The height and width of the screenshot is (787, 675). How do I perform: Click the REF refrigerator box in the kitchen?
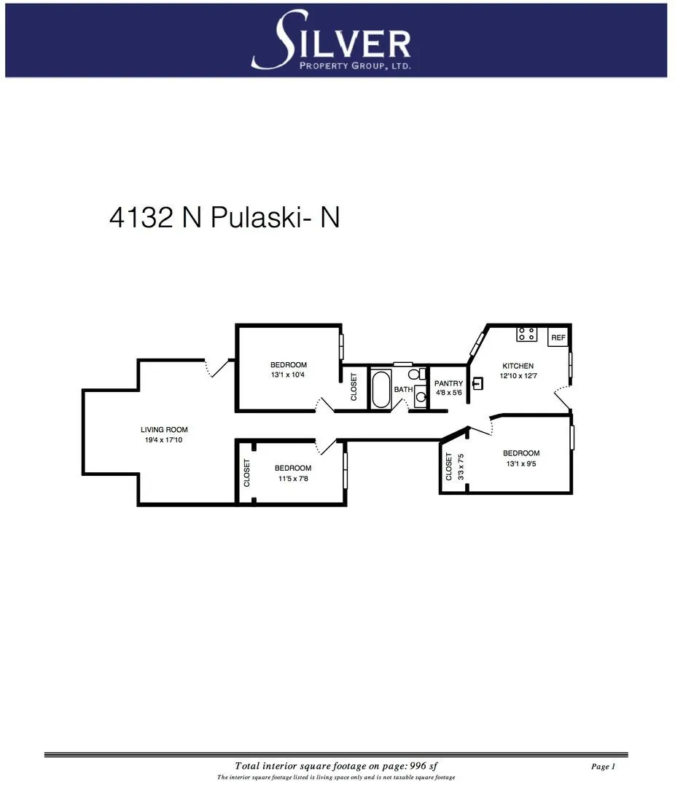pos(558,337)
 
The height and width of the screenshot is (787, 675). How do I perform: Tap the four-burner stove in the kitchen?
pos(527,334)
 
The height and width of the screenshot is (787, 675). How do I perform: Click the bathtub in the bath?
pos(381,390)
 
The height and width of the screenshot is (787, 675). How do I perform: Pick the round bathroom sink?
pos(421,399)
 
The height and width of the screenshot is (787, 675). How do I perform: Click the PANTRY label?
pos(448,383)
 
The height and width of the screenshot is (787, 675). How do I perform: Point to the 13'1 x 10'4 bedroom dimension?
pos(289,375)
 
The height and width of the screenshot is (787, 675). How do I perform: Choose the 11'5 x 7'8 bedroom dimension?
pos(293,478)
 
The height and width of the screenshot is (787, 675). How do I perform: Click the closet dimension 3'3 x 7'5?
pos(459,467)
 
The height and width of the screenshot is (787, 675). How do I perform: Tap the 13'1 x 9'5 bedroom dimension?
pos(521,463)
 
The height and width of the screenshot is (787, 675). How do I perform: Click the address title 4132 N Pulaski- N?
pos(225,217)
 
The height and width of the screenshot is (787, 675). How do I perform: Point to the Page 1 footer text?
pos(604,767)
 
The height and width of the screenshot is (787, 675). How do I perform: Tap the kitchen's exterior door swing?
pos(563,397)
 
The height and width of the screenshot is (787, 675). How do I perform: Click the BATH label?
pos(403,389)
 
